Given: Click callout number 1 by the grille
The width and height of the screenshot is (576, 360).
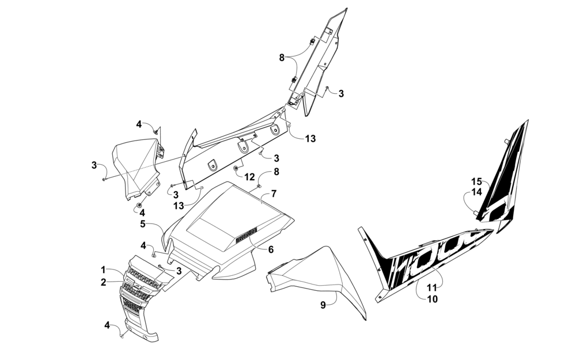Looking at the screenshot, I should point(104,270).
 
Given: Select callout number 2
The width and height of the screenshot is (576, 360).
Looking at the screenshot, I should point(104,282).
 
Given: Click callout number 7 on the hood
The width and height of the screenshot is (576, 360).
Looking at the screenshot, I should point(274,193).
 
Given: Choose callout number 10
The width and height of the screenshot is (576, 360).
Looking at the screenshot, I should point(433,298).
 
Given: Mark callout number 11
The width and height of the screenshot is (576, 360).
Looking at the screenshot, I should point(433,286).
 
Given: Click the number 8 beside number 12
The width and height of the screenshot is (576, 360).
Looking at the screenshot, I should point(276,171).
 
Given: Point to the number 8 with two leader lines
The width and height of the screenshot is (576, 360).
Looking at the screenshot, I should point(282,57).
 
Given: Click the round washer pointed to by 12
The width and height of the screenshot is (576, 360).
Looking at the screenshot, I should point(237,168).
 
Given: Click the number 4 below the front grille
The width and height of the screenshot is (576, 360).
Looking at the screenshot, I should point(107,325).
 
